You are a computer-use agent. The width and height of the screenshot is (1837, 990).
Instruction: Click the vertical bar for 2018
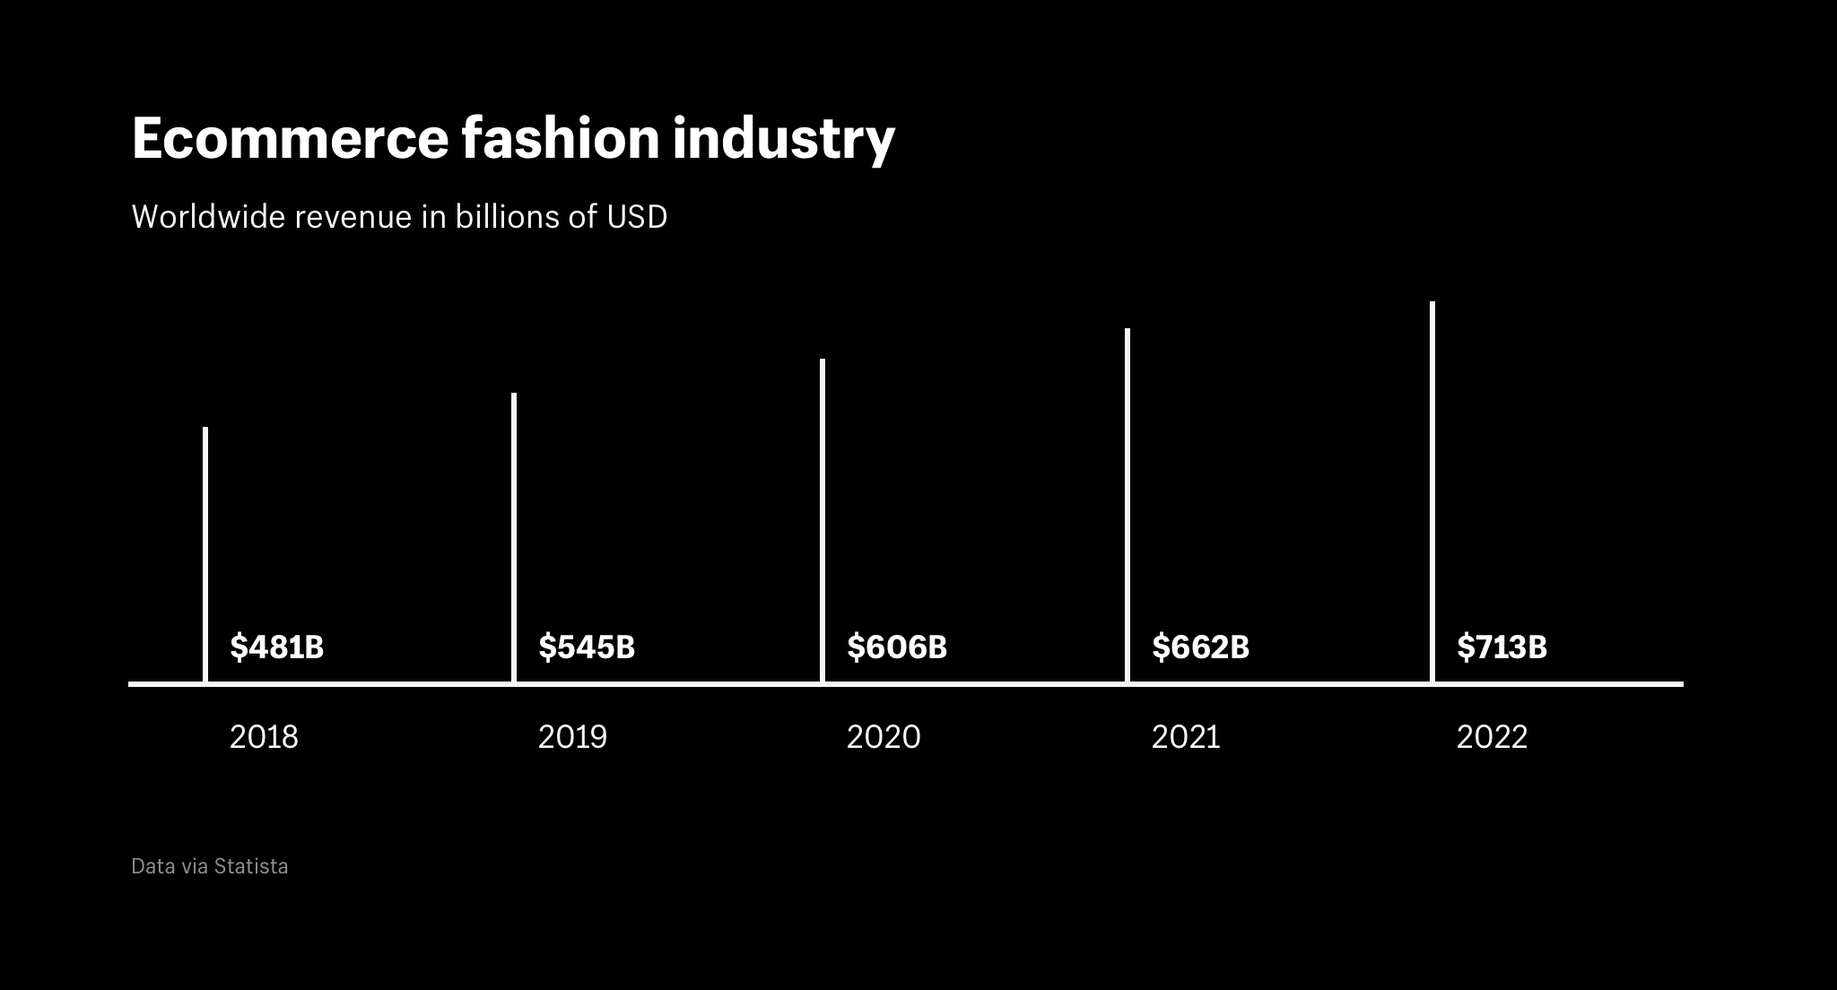205,554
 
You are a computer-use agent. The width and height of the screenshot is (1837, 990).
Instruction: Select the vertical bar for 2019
514,537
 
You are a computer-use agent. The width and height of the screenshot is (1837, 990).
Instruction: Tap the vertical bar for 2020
823,520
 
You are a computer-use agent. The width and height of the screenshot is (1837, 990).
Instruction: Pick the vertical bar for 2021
1127,505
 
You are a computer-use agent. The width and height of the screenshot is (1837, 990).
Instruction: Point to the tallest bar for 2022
1432,491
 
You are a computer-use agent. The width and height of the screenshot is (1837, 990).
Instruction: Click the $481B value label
276,647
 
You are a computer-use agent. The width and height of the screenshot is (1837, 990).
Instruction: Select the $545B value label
587,647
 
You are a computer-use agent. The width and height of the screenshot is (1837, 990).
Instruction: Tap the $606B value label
897,647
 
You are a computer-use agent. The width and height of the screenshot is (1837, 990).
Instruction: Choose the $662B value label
1200,647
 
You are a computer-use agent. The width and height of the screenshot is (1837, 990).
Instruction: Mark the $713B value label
1502,647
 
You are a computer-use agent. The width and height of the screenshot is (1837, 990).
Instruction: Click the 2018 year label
264,737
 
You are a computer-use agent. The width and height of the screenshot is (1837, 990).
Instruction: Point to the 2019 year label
572,737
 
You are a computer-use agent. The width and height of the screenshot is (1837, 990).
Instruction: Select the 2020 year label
884,737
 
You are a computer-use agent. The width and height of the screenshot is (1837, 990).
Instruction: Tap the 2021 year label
1186,737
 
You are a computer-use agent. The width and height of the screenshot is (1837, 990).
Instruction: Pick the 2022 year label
1492,737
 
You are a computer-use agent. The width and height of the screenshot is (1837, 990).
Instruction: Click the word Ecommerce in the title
290,139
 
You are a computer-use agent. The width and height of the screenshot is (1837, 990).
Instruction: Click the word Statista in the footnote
251,866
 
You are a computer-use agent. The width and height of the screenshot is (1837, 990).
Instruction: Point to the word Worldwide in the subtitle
208,217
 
